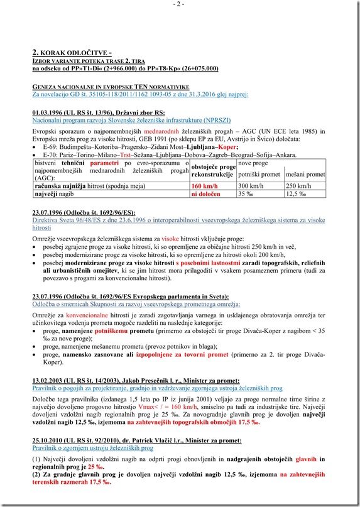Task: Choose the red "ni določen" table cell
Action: click(205, 195)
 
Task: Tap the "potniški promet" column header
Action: click(259, 174)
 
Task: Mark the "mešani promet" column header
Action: click(305, 174)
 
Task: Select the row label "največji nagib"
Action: click(53, 195)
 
